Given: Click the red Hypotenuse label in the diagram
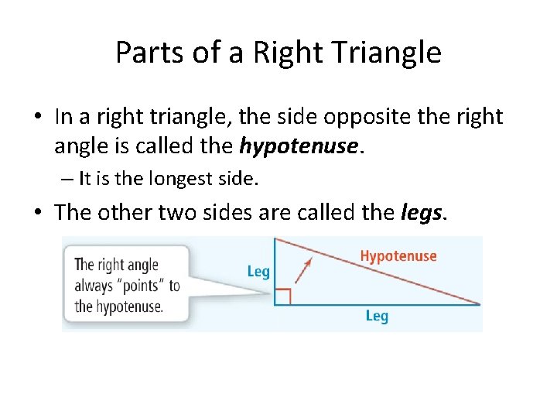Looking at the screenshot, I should pos(398,256).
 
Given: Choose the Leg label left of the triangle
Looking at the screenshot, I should pos(258,271).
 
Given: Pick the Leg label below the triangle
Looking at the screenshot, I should pos(377,316).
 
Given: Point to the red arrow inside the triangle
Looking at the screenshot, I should pos(305,269).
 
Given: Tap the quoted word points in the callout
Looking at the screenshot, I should pos(140,286).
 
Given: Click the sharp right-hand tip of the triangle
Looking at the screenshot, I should pos(479,303).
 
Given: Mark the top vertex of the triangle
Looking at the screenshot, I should pos(275,238).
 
